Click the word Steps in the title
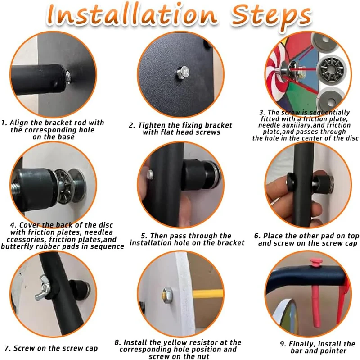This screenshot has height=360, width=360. (271, 17)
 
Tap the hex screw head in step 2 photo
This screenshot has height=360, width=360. (184, 72)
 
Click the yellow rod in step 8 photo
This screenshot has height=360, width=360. (207, 294)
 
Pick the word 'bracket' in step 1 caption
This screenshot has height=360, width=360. (58, 123)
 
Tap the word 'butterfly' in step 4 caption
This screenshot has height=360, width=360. (17, 246)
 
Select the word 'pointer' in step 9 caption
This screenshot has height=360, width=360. (333, 351)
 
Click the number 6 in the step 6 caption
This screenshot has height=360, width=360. (256, 236)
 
